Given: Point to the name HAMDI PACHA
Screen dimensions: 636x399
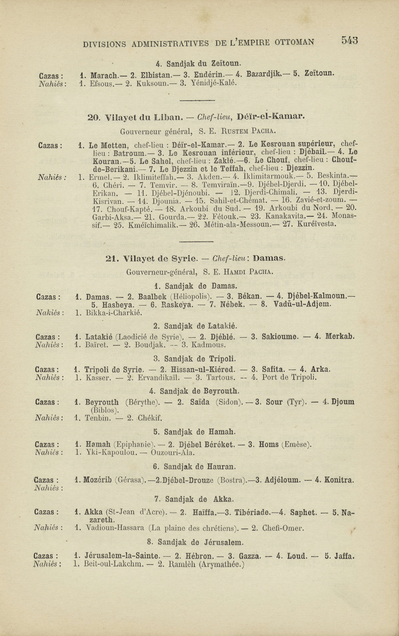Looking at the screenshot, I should pos(248,272).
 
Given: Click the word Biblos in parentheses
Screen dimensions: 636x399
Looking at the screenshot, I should pos(105,410).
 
